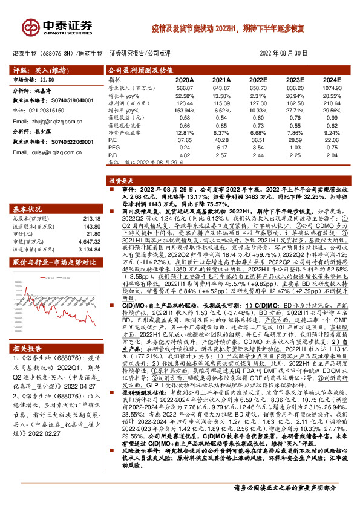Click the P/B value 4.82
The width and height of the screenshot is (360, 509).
coord(185,154)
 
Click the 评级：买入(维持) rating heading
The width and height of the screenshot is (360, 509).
coord(34,70)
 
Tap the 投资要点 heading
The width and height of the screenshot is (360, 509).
coord(120,180)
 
